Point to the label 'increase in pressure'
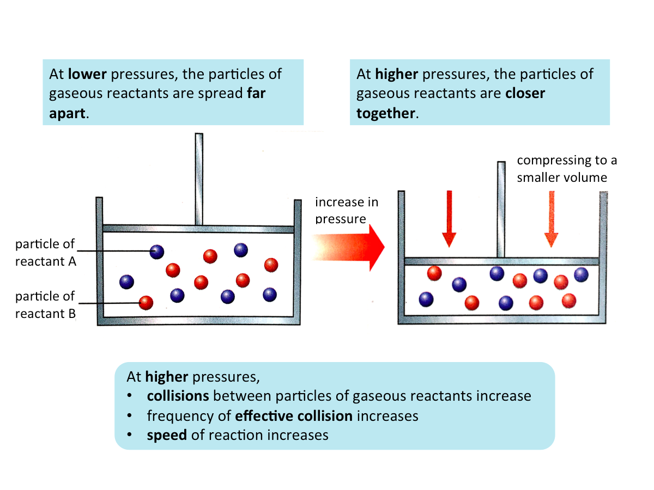pyautogui.click(x=346, y=211)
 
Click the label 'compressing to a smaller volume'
pyautogui.click(x=566, y=169)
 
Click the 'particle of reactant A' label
pyautogui.click(x=45, y=252)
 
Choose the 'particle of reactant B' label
pyautogui.click(x=45, y=305)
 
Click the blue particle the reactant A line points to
pyautogui.click(x=157, y=252)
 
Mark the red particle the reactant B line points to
pyautogui.click(x=146, y=302)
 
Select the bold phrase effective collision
pyautogui.click(x=294, y=416)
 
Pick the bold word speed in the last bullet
pyautogui.click(x=167, y=436)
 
